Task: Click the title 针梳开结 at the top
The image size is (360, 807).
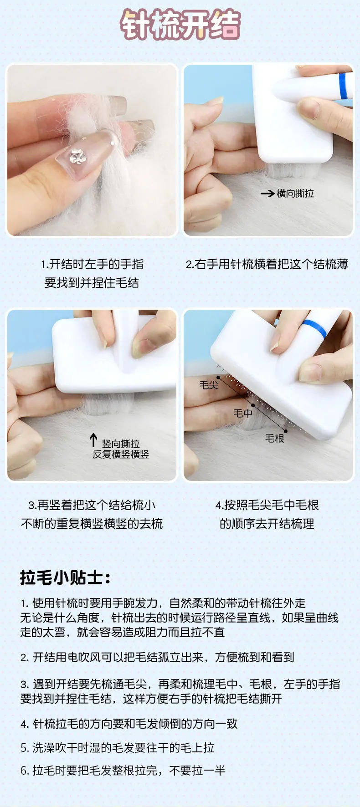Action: (x=180, y=25)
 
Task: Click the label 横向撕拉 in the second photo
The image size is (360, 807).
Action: (x=295, y=194)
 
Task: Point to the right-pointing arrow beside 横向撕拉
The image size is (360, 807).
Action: (x=267, y=194)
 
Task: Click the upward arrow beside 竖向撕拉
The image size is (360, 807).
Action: (x=93, y=439)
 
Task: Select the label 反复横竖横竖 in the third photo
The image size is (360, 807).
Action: (x=121, y=454)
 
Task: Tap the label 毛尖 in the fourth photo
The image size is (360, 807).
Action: (x=209, y=385)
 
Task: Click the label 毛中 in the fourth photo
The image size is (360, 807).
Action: (x=242, y=413)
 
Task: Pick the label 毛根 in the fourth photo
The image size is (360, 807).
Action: (x=275, y=438)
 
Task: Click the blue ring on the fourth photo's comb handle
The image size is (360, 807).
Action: (x=315, y=328)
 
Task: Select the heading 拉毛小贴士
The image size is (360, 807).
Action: (x=65, y=577)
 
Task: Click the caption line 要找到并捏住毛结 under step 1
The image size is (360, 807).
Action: (x=92, y=283)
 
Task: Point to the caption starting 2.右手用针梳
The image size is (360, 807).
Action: (x=267, y=264)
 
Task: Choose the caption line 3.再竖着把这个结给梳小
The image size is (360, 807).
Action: (x=92, y=505)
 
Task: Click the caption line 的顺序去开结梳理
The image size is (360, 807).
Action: (x=267, y=524)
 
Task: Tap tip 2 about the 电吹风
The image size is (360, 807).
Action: (x=157, y=657)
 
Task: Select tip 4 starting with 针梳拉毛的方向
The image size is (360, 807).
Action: (x=129, y=724)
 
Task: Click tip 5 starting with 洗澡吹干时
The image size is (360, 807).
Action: (x=117, y=747)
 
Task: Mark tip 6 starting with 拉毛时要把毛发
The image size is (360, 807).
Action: (x=123, y=770)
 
